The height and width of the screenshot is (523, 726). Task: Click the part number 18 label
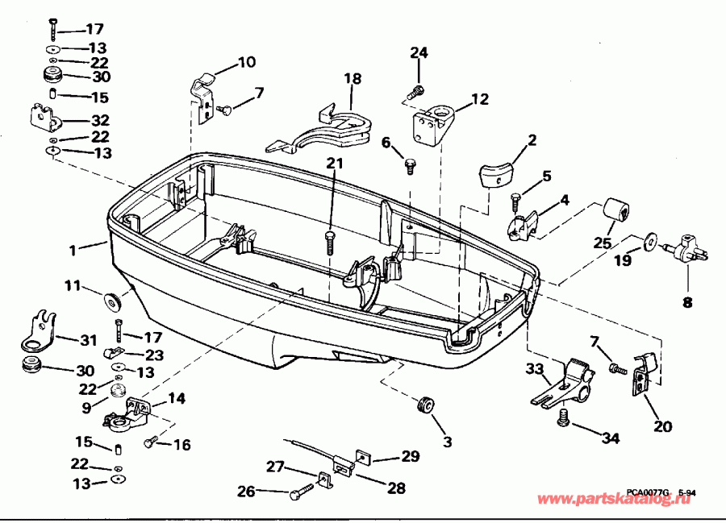[x=353, y=79]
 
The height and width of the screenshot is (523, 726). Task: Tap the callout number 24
[x=418, y=54]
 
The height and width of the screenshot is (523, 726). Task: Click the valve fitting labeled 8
[x=683, y=245]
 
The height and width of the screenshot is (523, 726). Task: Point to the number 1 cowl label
[x=73, y=251]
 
